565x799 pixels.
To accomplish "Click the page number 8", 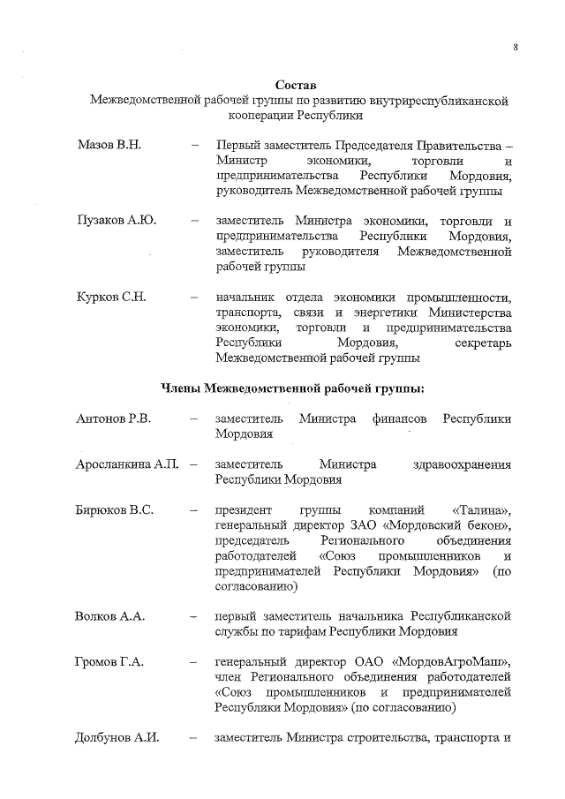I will click(515, 48).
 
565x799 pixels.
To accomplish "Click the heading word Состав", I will click(299, 84).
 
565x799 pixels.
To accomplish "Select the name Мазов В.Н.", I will click(109, 144).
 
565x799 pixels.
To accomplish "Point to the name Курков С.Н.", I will click(110, 296).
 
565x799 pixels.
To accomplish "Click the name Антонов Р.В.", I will click(114, 418).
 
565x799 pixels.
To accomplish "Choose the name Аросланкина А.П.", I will click(127, 464).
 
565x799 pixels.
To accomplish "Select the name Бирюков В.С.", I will click(115, 509).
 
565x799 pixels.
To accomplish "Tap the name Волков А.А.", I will click(109, 614).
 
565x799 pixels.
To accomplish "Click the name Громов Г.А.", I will click(109, 660).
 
